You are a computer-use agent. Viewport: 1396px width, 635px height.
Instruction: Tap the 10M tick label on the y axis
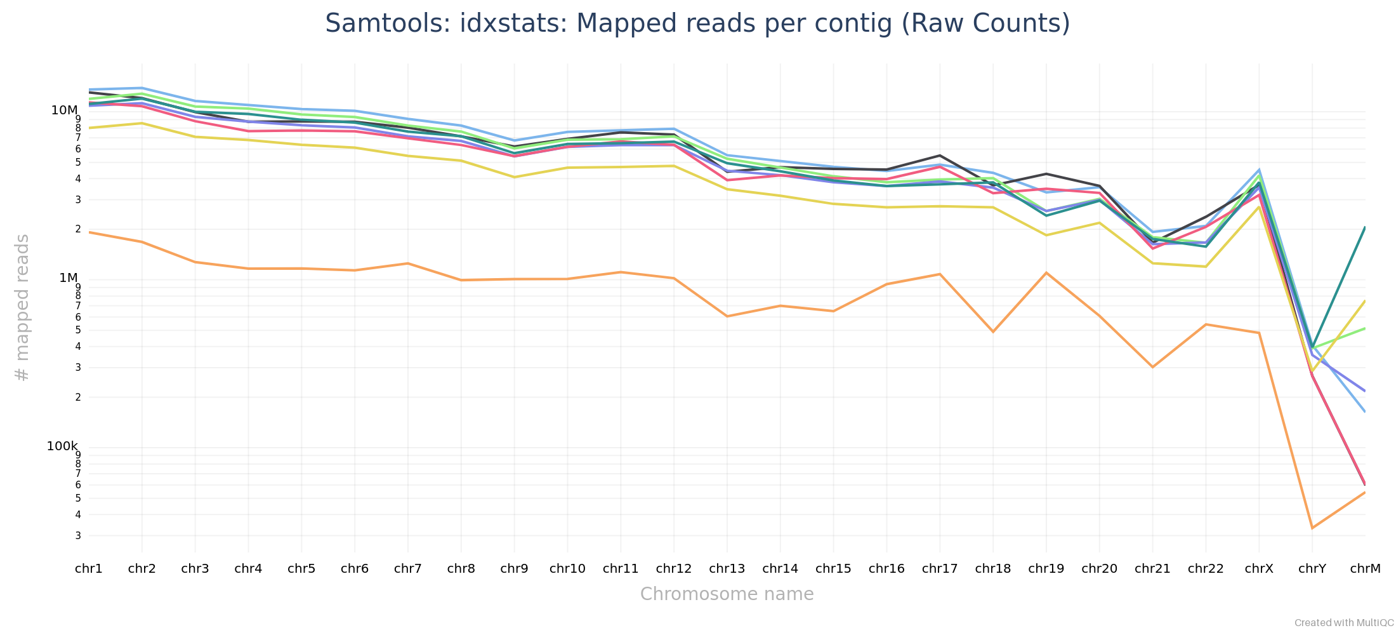pos(64,110)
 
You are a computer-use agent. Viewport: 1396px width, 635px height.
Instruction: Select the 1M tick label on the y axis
pos(68,278)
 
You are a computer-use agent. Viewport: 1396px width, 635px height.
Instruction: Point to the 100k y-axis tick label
pos(62,446)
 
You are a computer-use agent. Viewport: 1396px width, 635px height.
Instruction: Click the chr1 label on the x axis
pos(89,569)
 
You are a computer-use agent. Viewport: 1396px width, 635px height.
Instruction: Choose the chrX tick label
pos(1259,569)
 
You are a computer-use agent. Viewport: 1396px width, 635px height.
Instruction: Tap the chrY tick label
pos(1312,569)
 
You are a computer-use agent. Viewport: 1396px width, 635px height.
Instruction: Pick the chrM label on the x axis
pos(1365,569)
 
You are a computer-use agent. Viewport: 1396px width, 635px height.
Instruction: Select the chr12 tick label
pos(674,569)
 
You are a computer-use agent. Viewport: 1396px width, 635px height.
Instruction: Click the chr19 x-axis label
pos(1046,569)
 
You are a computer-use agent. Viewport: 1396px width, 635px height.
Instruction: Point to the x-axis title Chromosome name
pos(727,594)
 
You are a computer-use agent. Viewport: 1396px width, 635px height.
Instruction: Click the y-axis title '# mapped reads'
pos(22,308)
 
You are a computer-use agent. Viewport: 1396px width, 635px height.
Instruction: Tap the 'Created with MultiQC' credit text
pos(1344,623)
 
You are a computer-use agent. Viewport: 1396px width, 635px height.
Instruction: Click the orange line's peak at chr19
pos(1046,273)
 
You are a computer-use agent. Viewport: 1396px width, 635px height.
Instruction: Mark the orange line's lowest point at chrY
pos(1312,528)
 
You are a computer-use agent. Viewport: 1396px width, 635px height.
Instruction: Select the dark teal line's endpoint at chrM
pos(1365,227)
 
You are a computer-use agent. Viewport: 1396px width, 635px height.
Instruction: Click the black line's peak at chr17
pos(940,156)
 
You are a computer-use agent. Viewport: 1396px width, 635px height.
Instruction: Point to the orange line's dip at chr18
pos(993,331)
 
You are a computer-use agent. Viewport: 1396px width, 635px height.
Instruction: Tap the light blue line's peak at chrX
pos(1259,170)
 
